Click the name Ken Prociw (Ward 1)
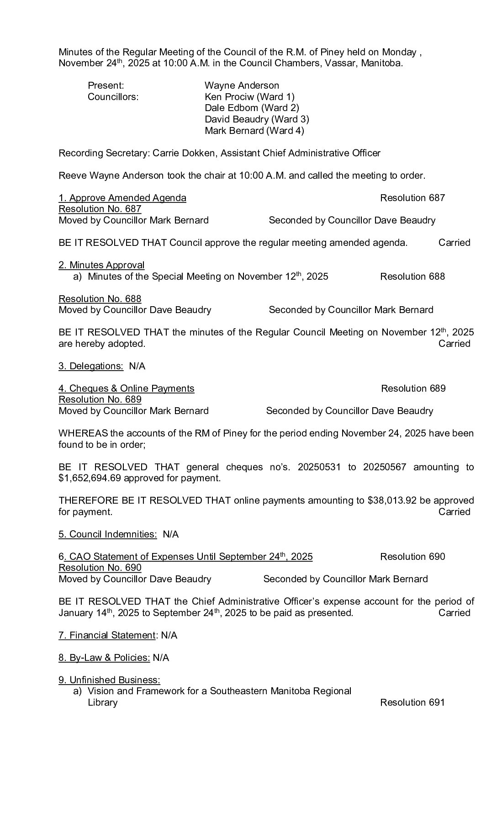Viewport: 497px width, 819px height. (x=249, y=97)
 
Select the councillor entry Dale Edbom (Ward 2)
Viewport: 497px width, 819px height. (x=252, y=108)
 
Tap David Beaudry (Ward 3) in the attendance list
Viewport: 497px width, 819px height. (x=257, y=119)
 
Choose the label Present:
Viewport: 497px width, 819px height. (x=106, y=85)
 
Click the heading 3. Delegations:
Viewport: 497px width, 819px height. (x=91, y=366)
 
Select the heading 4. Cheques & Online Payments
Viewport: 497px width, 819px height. (x=126, y=388)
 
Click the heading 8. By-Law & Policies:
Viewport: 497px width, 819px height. (x=104, y=658)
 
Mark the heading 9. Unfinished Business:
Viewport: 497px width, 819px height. (x=109, y=680)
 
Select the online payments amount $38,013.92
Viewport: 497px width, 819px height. (x=392, y=501)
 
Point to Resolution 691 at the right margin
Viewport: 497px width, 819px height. (x=412, y=702)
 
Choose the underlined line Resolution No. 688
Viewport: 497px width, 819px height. (x=100, y=299)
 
